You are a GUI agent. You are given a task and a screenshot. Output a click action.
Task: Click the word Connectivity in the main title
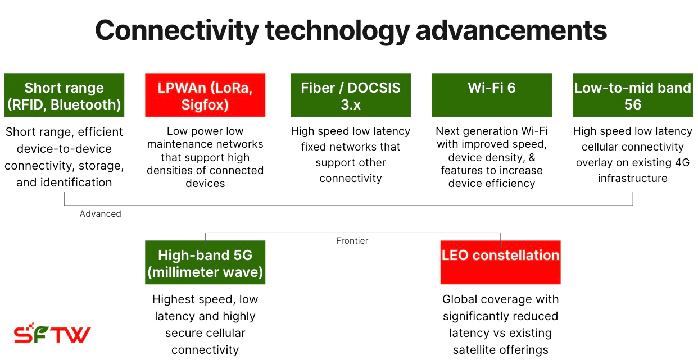coord(177,30)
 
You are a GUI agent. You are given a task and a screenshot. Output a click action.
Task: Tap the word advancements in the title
coord(511,30)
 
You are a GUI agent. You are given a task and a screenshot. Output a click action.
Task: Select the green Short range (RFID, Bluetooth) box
coord(64,95)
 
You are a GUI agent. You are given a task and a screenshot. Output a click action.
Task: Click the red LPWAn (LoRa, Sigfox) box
coord(205,95)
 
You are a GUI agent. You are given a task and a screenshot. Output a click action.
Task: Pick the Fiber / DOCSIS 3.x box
coord(351,95)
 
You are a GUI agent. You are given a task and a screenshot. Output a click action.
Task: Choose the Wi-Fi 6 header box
coord(492,95)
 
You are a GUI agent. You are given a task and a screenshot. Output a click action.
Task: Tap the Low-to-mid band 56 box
coord(633,95)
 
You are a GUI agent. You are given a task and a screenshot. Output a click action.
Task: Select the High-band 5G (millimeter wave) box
coord(205,262)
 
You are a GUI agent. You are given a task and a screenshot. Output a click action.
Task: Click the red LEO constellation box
coord(500,262)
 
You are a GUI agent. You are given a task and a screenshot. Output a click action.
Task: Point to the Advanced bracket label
coord(101,213)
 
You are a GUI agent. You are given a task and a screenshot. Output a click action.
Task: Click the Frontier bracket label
coord(352,241)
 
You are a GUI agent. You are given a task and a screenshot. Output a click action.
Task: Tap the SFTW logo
coord(52,333)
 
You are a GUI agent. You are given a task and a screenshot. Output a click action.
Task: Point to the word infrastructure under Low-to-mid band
coord(633,178)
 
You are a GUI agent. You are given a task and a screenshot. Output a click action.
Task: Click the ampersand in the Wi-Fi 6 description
coord(532,158)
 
